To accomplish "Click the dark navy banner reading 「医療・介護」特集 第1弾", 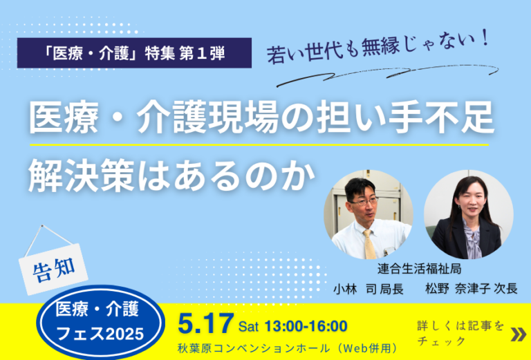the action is tap(134, 53).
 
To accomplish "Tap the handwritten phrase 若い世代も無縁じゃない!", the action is tap(378, 47).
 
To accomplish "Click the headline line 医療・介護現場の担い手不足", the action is tap(261, 117).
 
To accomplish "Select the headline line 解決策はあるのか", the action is tap(171, 176).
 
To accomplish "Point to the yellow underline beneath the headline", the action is tap(259, 145).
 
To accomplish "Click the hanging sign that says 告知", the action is tap(53, 269).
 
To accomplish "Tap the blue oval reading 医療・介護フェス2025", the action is tap(100, 322).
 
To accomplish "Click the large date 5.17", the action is tap(206, 323).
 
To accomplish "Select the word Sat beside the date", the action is tap(248, 327).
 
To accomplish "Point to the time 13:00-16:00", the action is tap(306, 326).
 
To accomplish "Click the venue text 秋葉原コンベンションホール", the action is tap(254, 348).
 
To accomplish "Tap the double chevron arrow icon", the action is tap(519, 334).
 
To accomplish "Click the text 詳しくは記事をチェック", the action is tap(460, 333).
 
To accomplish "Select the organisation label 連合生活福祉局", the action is tap(419, 269).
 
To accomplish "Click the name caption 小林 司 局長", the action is tap(368, 289).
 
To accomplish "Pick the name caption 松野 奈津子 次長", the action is tap(472, 289).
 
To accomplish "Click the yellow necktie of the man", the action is tap(369, 244).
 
